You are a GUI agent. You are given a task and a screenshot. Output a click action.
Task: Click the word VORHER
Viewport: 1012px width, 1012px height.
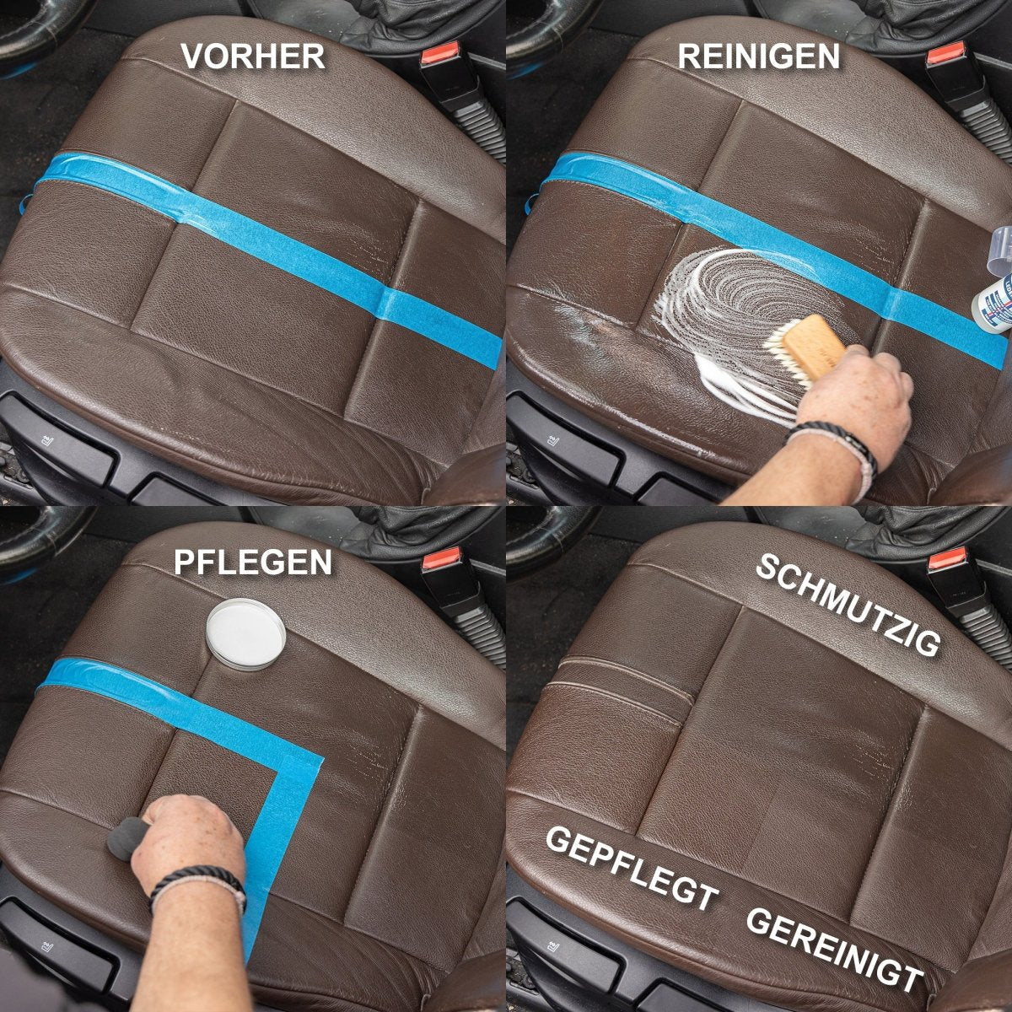click(x=253, y=57)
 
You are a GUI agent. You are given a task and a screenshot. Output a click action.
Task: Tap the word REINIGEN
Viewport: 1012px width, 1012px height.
click(x=758, y=57)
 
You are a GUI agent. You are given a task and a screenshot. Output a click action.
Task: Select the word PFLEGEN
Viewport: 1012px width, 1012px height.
click(x=253, y=563)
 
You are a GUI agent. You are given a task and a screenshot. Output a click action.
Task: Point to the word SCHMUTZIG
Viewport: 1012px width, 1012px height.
click(x=847, y=606)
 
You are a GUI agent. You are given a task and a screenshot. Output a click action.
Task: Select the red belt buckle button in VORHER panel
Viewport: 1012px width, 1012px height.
click(x=440, y=54)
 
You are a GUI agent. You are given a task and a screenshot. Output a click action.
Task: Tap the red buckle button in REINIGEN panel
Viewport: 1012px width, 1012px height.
click(x=945, y=54)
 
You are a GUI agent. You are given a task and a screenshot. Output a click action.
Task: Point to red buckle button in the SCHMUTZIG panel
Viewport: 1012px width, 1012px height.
click(x=947, y=558)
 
